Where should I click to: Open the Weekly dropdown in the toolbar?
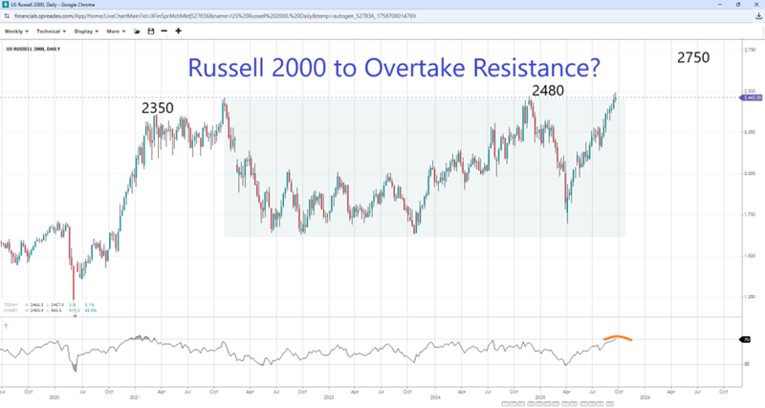tap(18, 31)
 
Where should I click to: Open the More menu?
tap(117, 31)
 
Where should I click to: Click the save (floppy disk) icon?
tap(150, 31)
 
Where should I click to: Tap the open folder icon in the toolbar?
tap(137, 31)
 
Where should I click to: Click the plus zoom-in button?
tap(178, 31)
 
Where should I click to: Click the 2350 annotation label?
tap(158, 108)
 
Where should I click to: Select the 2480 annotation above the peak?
tap(548, 91)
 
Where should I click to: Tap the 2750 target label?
tap(692, 57)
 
